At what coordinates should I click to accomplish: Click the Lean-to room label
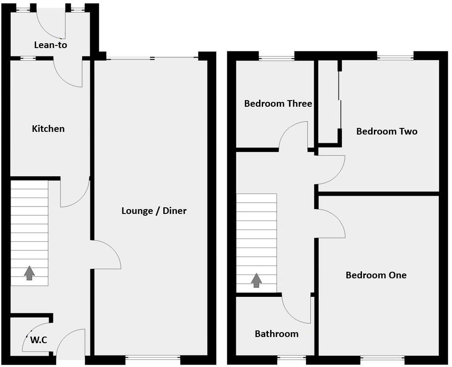(x=51, y=45)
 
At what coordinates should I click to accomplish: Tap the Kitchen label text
(x=48, y=129)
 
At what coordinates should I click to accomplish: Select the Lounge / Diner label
(x=154, y=211)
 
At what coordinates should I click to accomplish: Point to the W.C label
(x=38, y=340)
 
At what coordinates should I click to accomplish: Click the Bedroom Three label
(x=278, y=104)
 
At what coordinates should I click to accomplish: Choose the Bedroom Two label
(x=387, y=131)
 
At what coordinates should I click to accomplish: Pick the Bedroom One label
(x=376, y=275)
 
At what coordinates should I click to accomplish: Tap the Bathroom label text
(x=276, y=334)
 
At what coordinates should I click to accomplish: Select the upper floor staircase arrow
(x=256, y=280)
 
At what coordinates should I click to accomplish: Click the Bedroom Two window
(x=395, y=56)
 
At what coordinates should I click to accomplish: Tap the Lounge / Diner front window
(x=153, y=358)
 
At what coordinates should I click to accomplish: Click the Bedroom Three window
(x=276, y=56)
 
